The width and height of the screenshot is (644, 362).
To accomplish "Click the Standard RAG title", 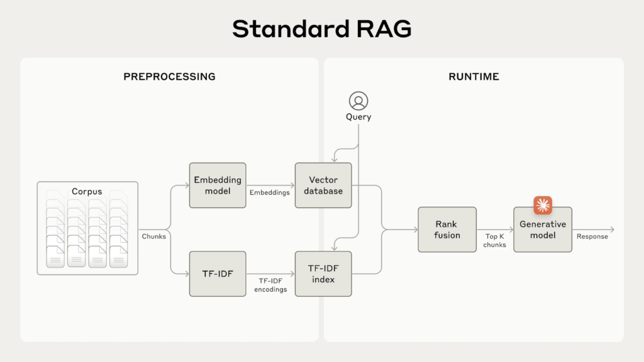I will point(321,29).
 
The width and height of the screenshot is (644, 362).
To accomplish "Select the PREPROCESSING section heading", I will point(169,77).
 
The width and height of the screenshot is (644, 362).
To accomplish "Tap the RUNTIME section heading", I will point(474,77).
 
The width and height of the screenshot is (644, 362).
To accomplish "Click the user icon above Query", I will point(358,101).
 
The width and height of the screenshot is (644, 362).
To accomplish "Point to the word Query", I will point(358,117).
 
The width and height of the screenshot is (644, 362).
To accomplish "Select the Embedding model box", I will point(217,185).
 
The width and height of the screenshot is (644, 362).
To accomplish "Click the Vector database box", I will point(323,185).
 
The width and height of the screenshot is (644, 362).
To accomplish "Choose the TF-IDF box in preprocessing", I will point(217,274).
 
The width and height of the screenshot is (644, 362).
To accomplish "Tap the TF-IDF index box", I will point(323,274).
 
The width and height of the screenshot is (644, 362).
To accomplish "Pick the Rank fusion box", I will point(447,229).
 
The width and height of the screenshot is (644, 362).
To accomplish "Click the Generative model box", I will point(542,229).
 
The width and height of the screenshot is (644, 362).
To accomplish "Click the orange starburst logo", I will point(542,206).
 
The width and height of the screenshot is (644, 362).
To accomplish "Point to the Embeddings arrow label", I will point(270,193).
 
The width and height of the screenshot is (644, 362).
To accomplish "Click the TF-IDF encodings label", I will point(270,285).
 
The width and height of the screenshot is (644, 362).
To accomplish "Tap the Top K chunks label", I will point(495,241).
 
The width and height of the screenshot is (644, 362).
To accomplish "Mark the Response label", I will point(592,237).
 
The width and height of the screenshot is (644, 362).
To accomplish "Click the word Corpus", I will point(87,191).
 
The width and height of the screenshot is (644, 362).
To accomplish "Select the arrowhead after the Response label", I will point(612,229).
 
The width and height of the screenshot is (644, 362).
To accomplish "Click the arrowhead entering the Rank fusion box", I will point(415,229).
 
